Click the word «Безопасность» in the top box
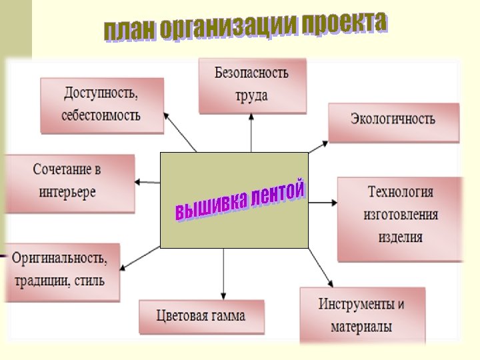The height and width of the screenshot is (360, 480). tap(251, 73)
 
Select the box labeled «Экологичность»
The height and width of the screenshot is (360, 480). tap(393, 120)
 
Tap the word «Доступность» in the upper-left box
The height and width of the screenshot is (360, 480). tap(101, 92)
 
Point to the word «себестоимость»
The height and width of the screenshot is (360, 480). tap(101, 114)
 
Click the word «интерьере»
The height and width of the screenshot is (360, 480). tap(67, 192)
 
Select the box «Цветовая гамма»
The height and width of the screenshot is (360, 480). tap(201, 315)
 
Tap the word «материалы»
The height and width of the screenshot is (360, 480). tap(362, 327)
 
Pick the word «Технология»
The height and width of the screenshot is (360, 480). tap(401, 192)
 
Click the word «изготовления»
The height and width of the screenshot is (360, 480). tap(401, 214)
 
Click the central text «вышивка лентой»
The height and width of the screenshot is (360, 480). tap(240, 201)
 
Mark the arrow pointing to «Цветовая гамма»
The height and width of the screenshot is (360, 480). tap(223, 273)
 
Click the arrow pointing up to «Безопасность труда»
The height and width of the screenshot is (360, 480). tap(251, 133)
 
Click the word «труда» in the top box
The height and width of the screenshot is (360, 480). tap(251, 95)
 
